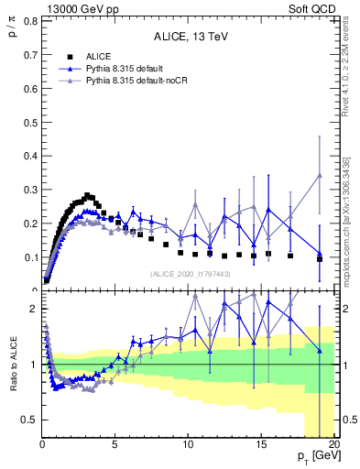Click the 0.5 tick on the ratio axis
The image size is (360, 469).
(28, 420)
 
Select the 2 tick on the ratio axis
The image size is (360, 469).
(32, 309)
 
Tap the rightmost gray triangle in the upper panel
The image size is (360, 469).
(319, 175)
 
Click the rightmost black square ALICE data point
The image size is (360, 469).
(319, 259)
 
